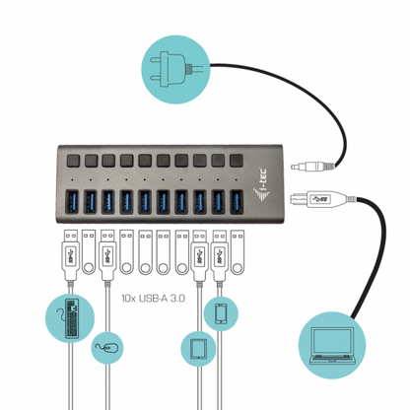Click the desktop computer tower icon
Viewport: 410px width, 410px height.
68,318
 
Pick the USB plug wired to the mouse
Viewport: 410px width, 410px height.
105,249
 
